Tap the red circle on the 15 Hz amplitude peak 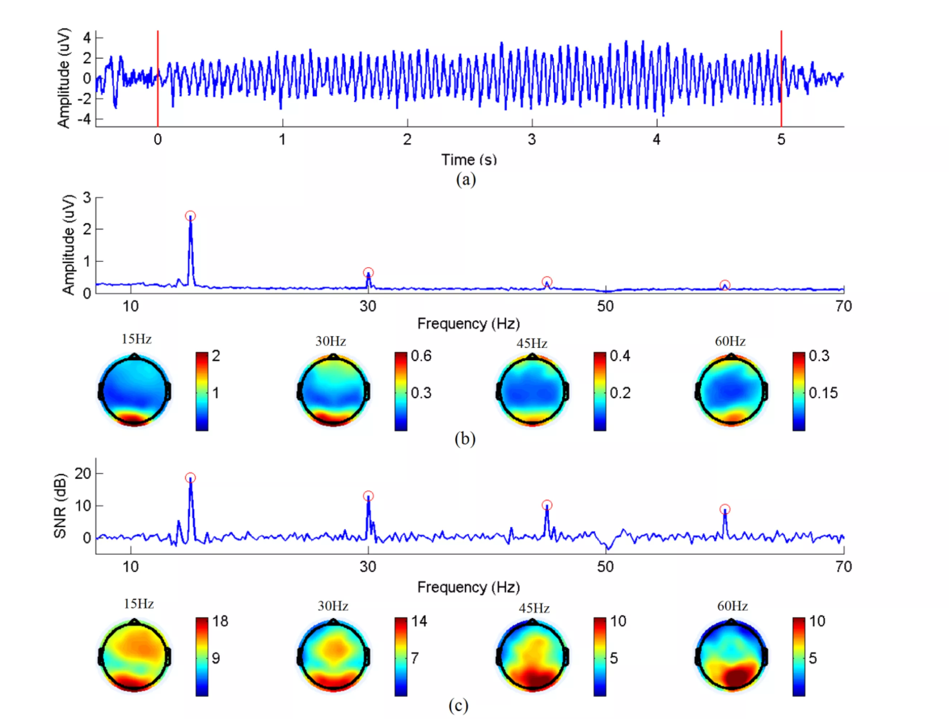(x=190, y=216)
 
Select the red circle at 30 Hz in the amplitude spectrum (x=368, y=272)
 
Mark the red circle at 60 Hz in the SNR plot (x=725, y=509)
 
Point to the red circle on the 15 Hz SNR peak (x=190, y=477)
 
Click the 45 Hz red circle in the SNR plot (x=547, y=505)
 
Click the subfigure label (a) (x=466, y=179)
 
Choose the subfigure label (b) (x=465, y=438)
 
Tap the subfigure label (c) (x=458, y=705)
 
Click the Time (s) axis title (x=469, y=159)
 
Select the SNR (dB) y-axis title (x=60, y=505)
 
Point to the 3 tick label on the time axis (x=532, y=139)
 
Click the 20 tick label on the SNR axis (x=83, y=473)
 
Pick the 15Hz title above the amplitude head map (x=137, y=339)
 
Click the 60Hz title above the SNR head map (x=732, y=606)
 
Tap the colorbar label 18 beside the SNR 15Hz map (x=220, y=621)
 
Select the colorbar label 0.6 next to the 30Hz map (x=421, y=356)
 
